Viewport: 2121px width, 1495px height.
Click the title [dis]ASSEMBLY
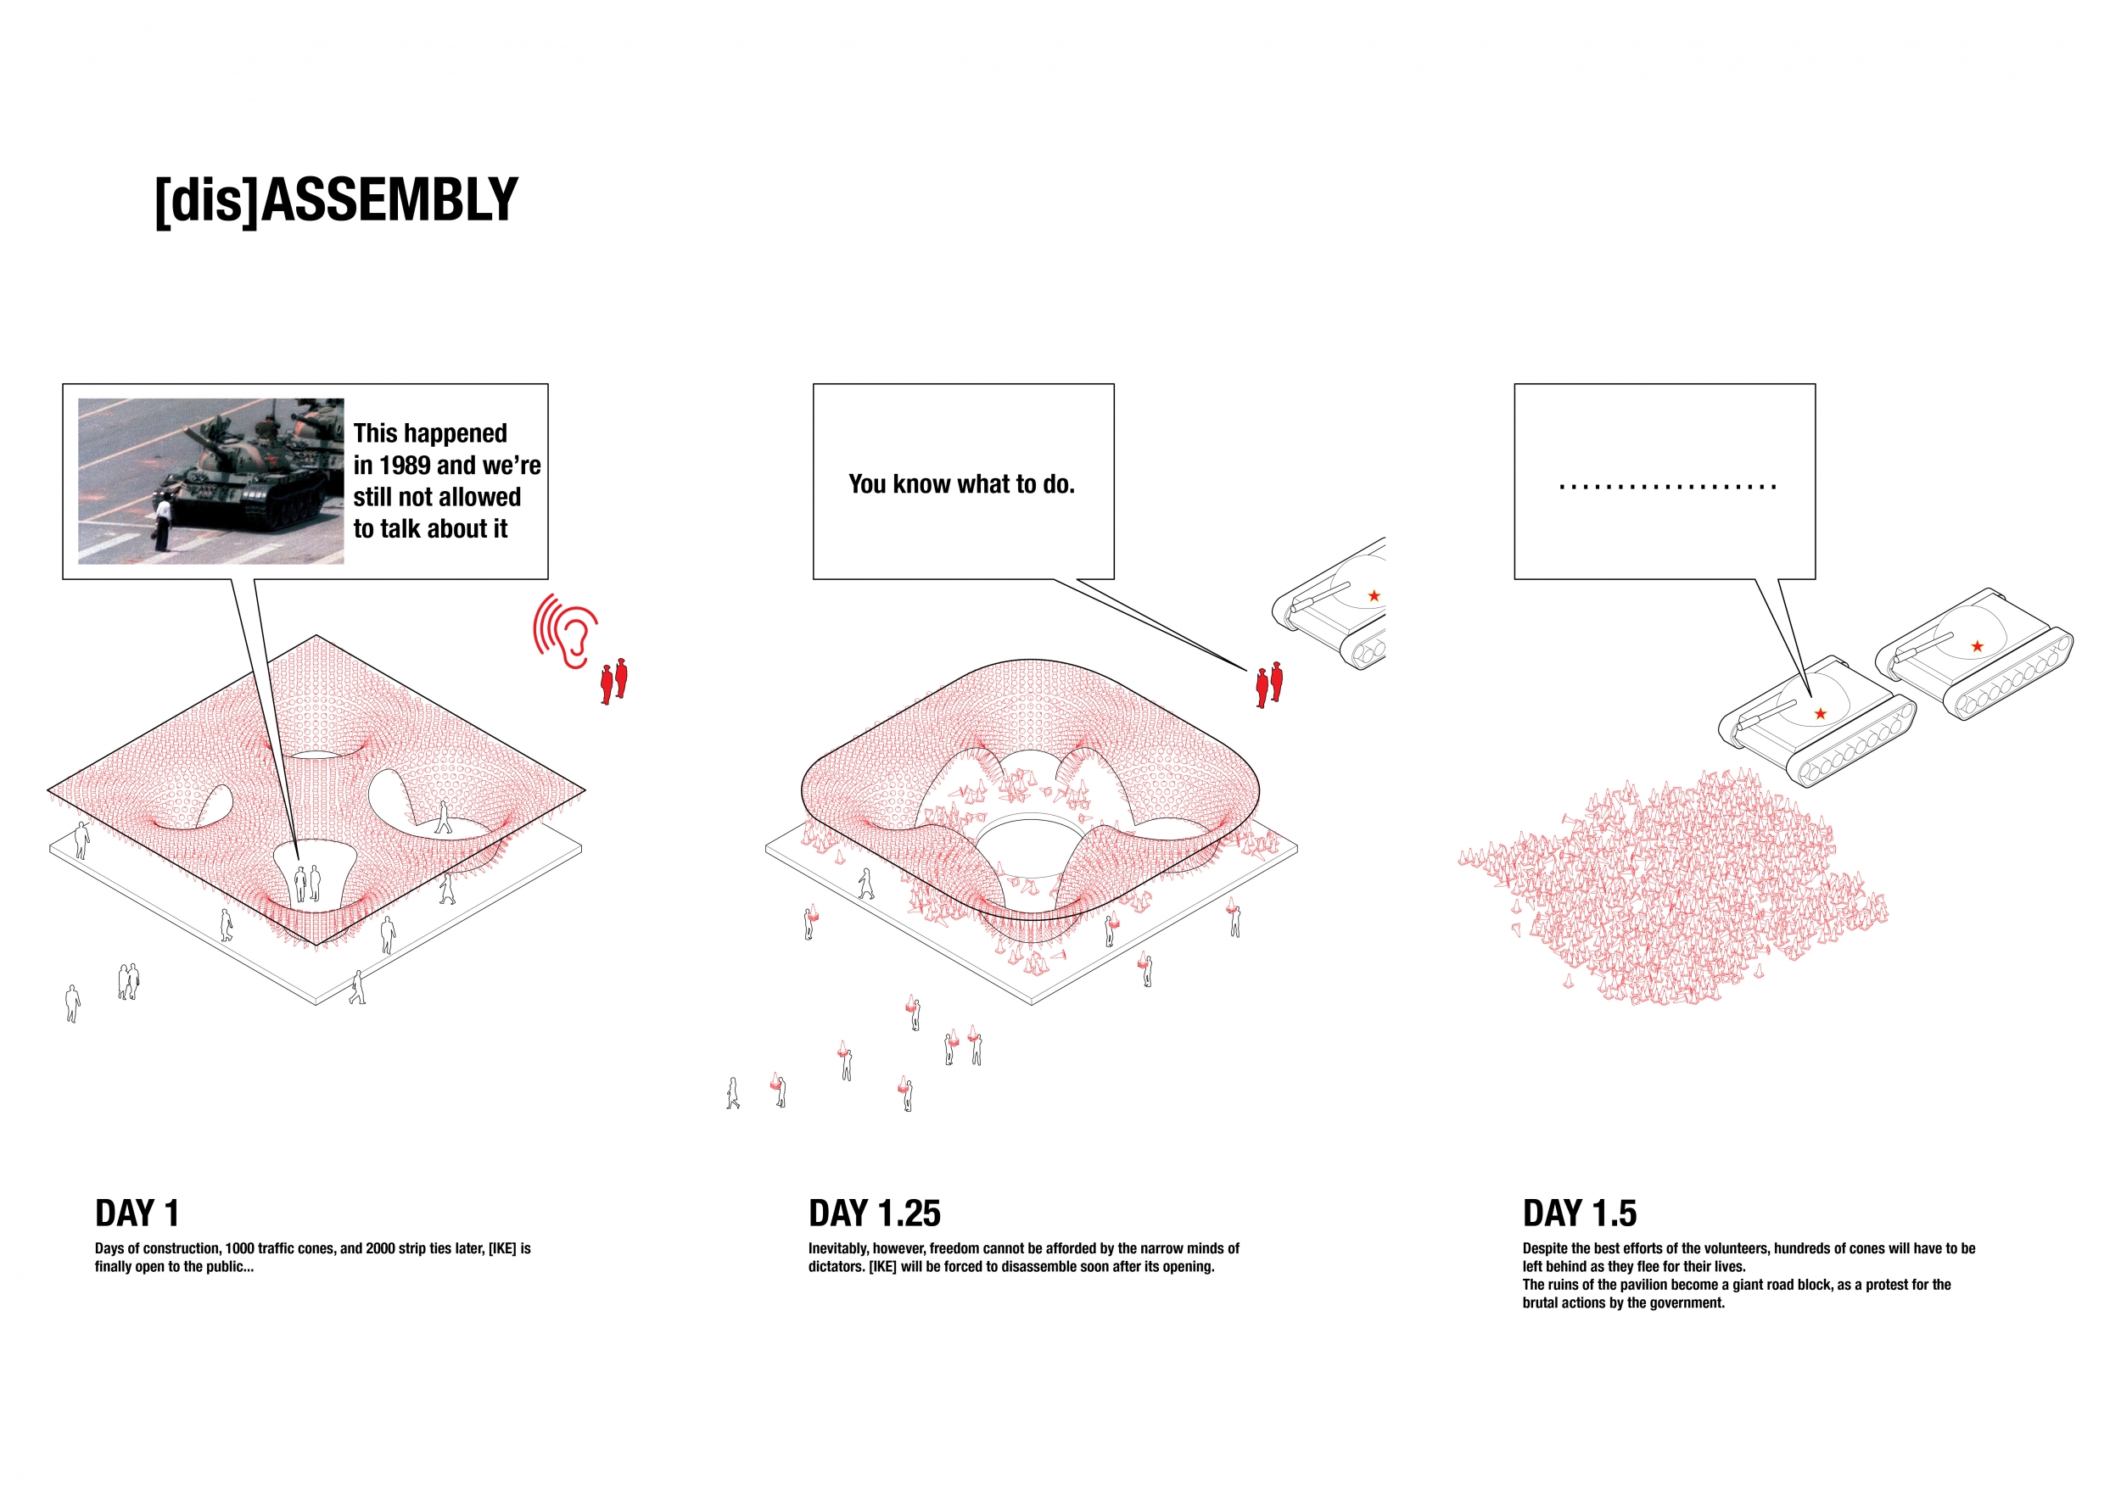(336, 200)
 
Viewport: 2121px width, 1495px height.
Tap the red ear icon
(565, 631)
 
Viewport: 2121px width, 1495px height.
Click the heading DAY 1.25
(875, 1213)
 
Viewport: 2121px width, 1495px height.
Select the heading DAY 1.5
(1580, 1213)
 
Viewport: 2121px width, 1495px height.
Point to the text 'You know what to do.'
(961, 484)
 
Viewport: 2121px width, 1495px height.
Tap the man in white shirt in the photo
(164, 523)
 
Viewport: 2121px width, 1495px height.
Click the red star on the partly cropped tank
(1374, 595)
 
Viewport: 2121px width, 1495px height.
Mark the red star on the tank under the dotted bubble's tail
(1821, 714)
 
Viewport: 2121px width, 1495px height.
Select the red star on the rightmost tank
(1977, 646)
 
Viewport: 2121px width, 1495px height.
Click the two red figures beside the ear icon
(614, 682)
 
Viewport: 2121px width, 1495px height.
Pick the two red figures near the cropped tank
(1269, 685)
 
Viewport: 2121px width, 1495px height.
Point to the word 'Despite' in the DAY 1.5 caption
(1546, 1248)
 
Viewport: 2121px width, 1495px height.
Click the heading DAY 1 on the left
(137, 1213)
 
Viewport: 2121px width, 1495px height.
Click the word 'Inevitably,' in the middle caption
(839, 1248)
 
